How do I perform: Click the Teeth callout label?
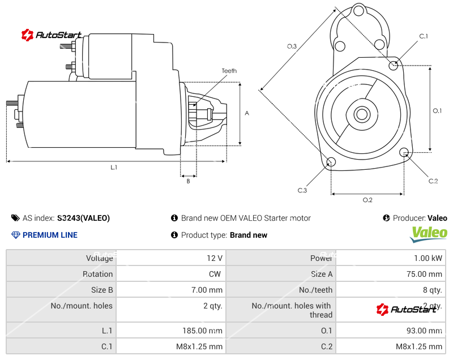coord(229,71)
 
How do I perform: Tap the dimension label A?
coord(247,113)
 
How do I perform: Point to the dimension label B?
coord(188,181)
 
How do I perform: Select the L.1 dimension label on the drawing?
coord(114,167)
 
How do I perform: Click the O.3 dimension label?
coord(292,46)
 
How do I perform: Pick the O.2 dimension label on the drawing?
coord(367,199)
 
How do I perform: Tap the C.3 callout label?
coord(302,190)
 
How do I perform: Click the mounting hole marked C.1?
coord(394,65)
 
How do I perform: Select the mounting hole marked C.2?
coord(404,152)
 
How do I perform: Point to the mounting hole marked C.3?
coord(331,163)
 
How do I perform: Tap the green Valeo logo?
coord(429,233)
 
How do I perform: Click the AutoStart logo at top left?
coord(52,35)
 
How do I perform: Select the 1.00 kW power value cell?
coord(391,258)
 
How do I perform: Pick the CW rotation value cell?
coord(171,274)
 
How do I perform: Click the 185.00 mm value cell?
coord(171,331)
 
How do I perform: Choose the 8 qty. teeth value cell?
coord(391,290)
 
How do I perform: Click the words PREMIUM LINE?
coord(50,235)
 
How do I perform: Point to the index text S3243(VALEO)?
coord(83,218)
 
